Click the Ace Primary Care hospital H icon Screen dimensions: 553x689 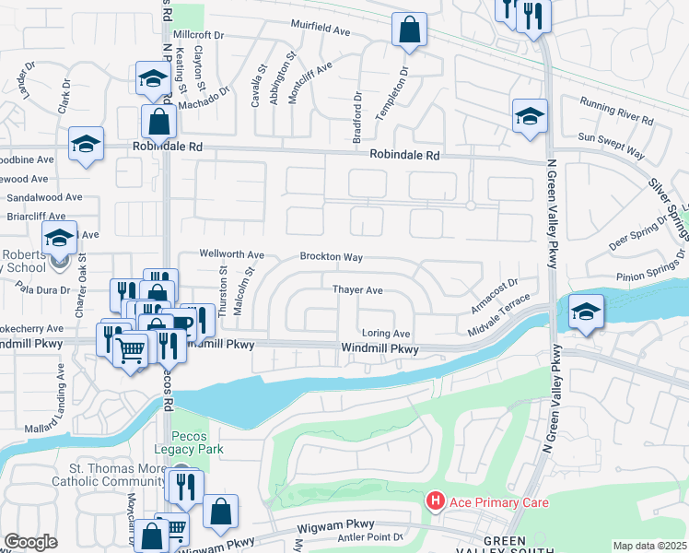[x=436, y=502]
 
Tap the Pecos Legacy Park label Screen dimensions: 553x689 [x=197, y=442]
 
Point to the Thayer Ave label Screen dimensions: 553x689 [x=357, y=289]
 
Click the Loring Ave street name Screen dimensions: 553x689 [x=386, y=333]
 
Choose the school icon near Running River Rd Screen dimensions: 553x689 [x=530, y=116]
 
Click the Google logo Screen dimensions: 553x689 [x=30, y=542]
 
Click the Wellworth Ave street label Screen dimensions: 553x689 [x=232, y=254]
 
